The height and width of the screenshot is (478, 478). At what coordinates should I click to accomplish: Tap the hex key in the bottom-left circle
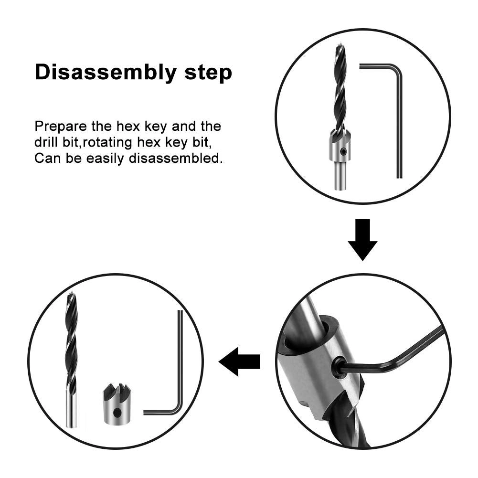[178, 382]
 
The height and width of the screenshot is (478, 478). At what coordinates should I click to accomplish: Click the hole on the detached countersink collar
[116, 412]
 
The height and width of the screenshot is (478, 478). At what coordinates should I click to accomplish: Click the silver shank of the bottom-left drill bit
[71, 411]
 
